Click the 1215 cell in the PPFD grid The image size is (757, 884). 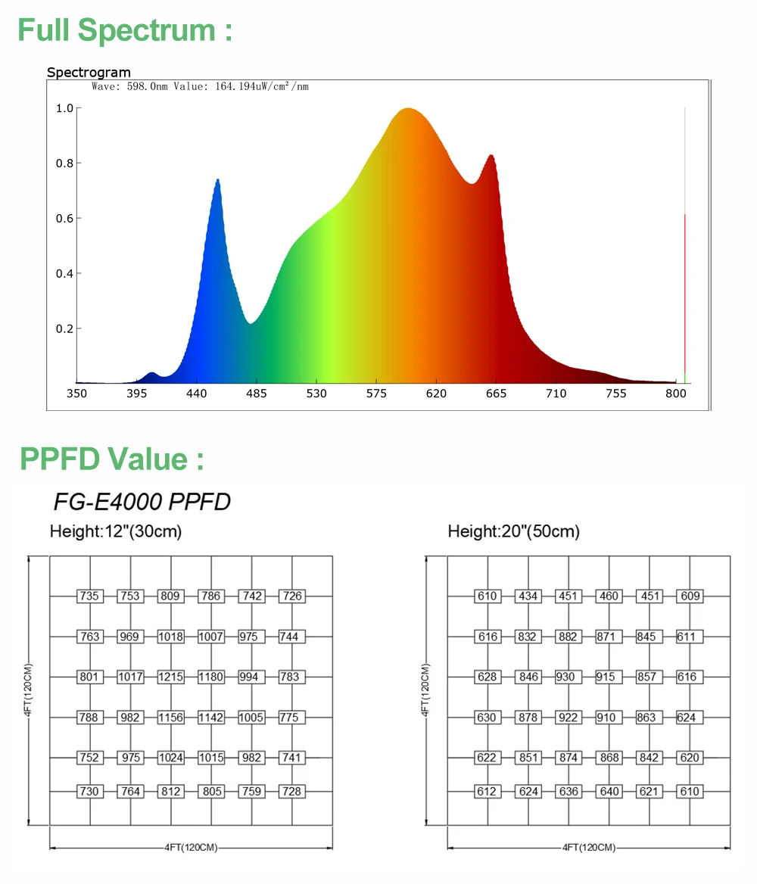[170, 677]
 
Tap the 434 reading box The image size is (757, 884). [528, 596]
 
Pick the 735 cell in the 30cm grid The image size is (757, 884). [89, 596]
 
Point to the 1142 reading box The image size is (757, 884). [210, 717]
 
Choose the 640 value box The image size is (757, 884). [609, 792]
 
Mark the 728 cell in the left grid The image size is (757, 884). [291, 792]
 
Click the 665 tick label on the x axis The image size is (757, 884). [496, 394]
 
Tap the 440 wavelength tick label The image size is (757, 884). [196, 394]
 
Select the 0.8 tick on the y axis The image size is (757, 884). [64, 163]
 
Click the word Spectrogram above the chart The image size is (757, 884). [89, 73]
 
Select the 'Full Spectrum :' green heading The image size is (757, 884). [125, 31]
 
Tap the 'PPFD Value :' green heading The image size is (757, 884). [112, 459]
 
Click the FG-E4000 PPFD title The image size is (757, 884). [142, 502]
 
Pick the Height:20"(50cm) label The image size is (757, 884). [513, 532]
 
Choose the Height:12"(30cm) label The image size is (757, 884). [115, 532]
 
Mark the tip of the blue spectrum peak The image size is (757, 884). [218, 180]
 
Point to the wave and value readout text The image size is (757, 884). [200, 87]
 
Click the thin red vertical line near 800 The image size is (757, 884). [684, 295]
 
